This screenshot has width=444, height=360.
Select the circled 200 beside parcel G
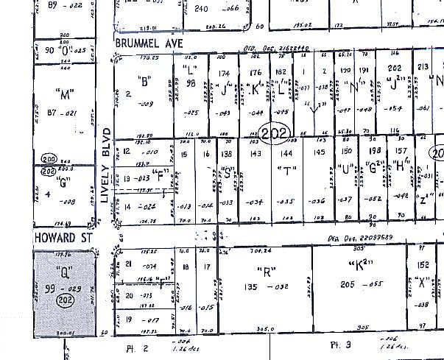[x=49, y=160]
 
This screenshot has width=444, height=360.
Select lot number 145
[x=320, y=152]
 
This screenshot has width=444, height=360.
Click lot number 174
[x=225, y=74]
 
